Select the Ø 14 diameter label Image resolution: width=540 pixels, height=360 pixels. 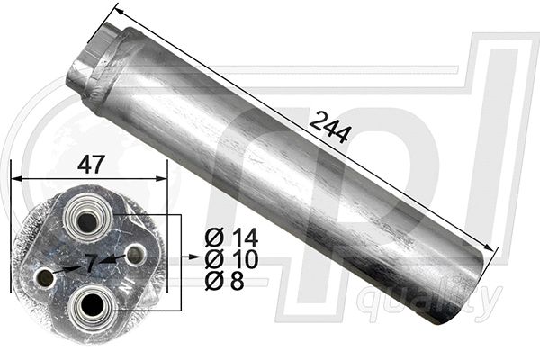click(231, 238)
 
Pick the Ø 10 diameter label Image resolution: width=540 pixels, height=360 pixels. click(231, 260)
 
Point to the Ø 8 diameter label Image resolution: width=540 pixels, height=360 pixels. click(225, 281)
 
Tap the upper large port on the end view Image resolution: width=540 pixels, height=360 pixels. click(88, 216)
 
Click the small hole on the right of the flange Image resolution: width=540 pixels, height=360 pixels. click(134, 255)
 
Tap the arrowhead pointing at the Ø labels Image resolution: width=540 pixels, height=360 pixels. click(193, 258)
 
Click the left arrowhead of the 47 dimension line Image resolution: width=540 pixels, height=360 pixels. click(14, 178)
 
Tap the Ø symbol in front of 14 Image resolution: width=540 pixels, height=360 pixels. click(213, 238)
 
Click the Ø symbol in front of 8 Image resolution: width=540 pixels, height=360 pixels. click(213, 281)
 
